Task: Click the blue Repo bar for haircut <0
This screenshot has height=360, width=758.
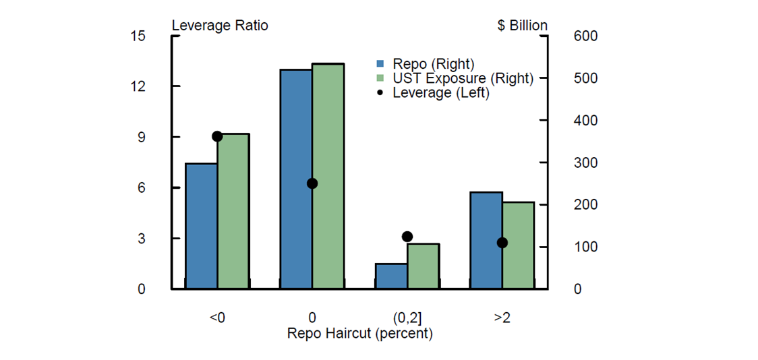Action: click(201, 226)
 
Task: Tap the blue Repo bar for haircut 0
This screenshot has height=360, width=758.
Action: click(296, 179)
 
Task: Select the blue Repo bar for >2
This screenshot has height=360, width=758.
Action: click(486, 240)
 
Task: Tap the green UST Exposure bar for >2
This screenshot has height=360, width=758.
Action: click(519, 245)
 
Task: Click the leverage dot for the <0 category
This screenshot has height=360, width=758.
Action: click(217, 136)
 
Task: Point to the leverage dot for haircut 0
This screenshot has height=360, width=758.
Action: click(312, 183)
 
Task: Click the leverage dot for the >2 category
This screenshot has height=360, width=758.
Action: click(502, 243)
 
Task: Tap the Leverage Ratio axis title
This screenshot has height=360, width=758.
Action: click(220, 26)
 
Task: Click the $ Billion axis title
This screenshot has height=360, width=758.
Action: click(522, 26)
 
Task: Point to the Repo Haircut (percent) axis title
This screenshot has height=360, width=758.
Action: click(359, 334)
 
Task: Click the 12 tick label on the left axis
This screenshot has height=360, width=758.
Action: click(138, 86)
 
